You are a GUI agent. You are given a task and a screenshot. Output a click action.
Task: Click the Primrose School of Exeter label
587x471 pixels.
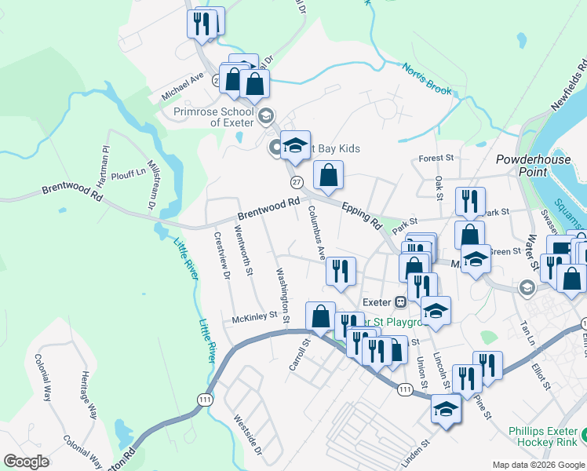point(214,116)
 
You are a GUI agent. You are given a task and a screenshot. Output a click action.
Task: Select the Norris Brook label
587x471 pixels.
point(428,79)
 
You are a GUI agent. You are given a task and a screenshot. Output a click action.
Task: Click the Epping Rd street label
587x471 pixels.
point(361,214)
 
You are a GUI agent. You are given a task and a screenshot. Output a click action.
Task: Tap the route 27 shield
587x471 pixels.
point(296,182)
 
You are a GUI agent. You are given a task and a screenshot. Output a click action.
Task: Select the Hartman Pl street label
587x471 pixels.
point(105,158)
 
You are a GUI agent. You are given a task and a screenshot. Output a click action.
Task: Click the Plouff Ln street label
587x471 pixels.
point(129,174)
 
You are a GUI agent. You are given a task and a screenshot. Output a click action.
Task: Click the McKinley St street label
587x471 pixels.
point(255,318)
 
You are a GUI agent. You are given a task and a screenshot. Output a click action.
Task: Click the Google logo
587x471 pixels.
point(26,462)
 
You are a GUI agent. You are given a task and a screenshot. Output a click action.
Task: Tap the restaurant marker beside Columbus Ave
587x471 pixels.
point(341,272)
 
